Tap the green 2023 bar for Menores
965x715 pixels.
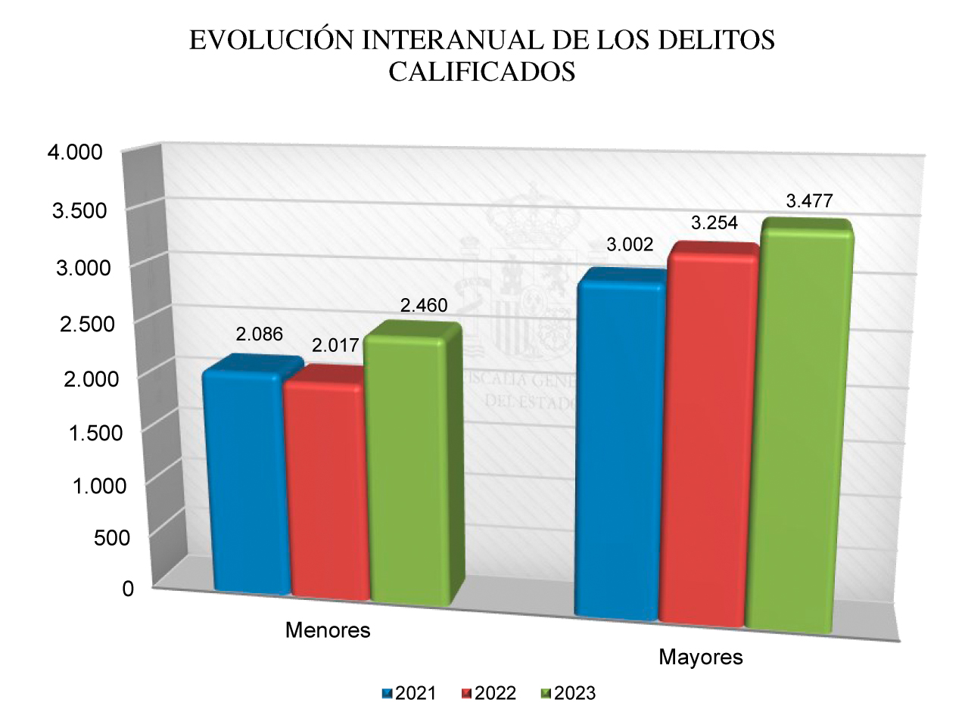pos(409,469)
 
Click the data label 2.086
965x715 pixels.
pos(259,334)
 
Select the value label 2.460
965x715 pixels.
pos(424,306)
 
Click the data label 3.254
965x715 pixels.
pos(713,223)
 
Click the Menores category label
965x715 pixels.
pos(328,630)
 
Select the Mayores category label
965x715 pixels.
pos(701,657)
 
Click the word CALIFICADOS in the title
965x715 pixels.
pos(482,72)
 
